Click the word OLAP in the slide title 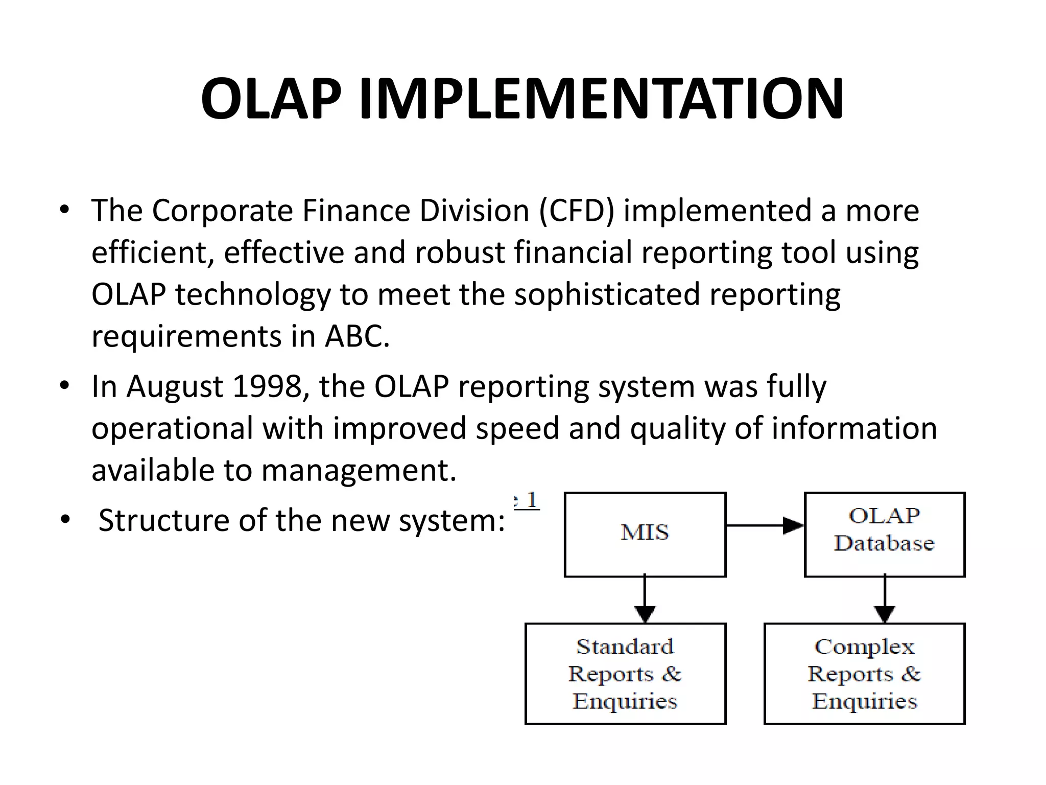click(x=271, y=99)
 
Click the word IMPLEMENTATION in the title click(x=601, y=99)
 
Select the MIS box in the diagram click(x=645, y=534)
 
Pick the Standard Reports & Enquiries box click(x=625, y=674)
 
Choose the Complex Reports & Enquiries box click(x=864, y=674)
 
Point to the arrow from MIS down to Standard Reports click(x=645, y=598)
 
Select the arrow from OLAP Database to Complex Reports click(x=884, y=598)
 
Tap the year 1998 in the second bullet click(x=267, y=386)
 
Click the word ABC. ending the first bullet click(x=357, y=337)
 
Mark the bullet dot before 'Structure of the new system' click(x=64, y=520)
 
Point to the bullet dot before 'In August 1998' click(x=64, y=386)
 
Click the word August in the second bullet click(x=174, y=387)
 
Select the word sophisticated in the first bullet click(x=606, y=295)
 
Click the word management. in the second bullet click(x=359, y=471)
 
